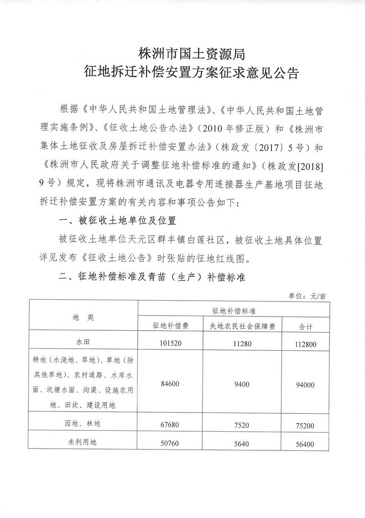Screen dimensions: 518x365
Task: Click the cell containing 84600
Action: tap(171, 384)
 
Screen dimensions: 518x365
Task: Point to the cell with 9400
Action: tap(241, 384)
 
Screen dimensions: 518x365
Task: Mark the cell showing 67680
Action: tap(171, 424)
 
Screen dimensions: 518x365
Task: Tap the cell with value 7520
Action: tap(241, 424)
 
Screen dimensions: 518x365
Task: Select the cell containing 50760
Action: tap(171, 443)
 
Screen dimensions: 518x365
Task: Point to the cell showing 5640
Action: tap(241, 443)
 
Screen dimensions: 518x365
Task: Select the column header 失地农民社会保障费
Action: tap(241, 327)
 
